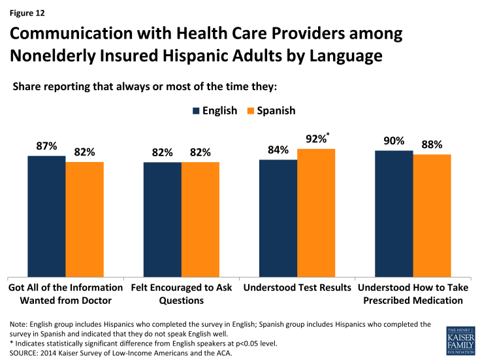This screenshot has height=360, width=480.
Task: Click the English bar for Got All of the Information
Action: click(46, 216)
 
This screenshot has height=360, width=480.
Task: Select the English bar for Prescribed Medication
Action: click(394, 214)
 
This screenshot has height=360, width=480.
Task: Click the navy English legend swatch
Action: click(197, 111)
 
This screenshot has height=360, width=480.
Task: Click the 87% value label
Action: click(46, 146)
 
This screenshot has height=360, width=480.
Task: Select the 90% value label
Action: click(394, 141)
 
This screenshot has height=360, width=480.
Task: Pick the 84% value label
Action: click(278, 150)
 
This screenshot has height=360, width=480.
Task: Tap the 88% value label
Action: click(432, 145)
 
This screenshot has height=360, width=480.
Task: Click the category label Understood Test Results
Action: click(297, 287)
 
